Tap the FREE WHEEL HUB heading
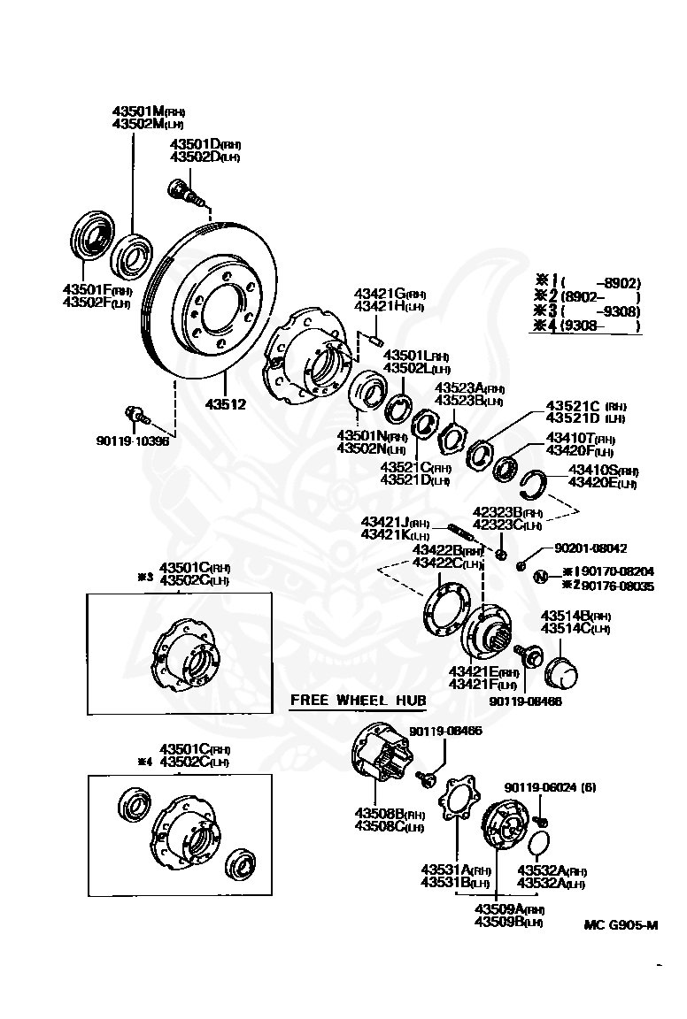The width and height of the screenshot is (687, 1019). [x=359, y=701]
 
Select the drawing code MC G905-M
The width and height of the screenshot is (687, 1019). [x=621, y=925]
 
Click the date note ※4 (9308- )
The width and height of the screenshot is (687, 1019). [x=586, y=326]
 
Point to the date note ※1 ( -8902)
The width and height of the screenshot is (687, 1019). [x=586, y=283]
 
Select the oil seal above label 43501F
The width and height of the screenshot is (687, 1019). [x=89, y=236]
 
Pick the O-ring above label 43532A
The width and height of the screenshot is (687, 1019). [x=542, y=840]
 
